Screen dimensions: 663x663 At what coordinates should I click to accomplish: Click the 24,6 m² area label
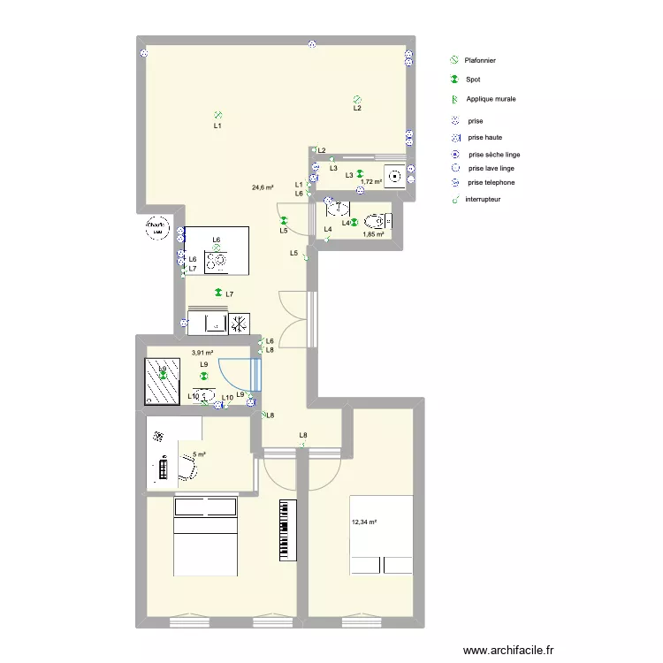point(263,187)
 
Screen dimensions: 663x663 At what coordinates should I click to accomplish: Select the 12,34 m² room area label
point(364,522)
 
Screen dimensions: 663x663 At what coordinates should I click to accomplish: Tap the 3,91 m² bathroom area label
point(202,352)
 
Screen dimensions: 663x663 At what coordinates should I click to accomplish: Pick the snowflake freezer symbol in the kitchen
point(240,324)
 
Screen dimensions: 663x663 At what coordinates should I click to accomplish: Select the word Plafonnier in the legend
point(480,60)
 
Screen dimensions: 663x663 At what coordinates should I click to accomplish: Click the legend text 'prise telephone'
point(492,183)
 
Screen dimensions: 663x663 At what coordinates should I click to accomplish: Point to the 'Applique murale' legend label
point(491,99)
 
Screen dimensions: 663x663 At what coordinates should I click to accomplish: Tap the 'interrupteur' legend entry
point(483,200)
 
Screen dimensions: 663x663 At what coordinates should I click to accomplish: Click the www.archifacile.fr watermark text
point(500,649)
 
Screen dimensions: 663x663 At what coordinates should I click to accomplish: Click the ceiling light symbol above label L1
point(217,114)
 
